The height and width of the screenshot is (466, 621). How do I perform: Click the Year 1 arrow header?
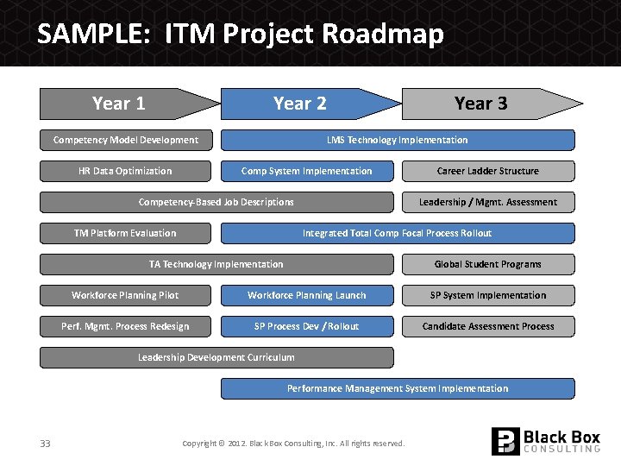pyautogui.click(x=121, y=104)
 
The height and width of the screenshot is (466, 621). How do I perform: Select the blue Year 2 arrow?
pyautogui.click(x=302, y=104)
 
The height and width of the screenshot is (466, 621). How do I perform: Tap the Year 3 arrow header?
pyautogui.click(x=483, y=104)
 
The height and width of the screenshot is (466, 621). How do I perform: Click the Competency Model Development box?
pyautogui.click(x=126, y=140)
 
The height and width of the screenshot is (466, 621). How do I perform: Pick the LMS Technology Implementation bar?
pyautogui.click(x=398, y=140)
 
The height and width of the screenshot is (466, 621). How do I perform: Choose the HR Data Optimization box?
pyautogui.click(x=126, y=171)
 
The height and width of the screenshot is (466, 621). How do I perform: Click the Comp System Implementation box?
pyautogui.click(x=307, y=171)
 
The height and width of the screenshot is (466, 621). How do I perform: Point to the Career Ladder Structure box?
pyautogui.click(x=488, y=171)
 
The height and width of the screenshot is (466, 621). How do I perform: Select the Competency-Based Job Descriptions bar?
pyautogui.click(x=216, y=202)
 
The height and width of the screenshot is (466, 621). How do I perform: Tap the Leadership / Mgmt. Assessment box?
pyautogui.click(x=488, y=202)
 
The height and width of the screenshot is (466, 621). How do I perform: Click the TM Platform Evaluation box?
pyautogui.click(x=126, y=233)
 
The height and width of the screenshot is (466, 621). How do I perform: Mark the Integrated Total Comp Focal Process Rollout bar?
pyautogui.click(x=398, y=233)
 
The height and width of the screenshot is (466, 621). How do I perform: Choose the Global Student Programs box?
pyautogui.click(x=488, y=264)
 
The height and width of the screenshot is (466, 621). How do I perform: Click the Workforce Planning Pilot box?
pyautogui.click(x=126, y=295)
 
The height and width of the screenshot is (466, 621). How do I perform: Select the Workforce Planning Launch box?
pyautogui.click(x=307, y=295)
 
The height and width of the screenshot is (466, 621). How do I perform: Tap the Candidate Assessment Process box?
pyautogui.click(x=488, y=326)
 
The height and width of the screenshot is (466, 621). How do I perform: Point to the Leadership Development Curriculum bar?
pyautogui.click(x=216, y=357)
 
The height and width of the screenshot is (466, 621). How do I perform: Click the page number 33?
pyautogui.click(x=45, y=444)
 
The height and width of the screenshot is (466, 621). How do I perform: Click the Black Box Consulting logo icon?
pyautogui.click(x=505, y=441)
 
